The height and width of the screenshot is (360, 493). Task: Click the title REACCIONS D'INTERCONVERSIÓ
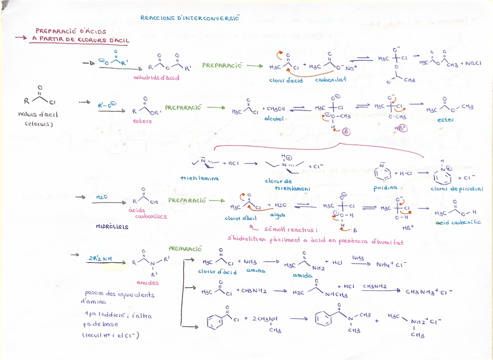pyautogui.click(x=190, y=18)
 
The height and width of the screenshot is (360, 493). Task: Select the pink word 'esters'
pyautogui.click(x=142, y=121)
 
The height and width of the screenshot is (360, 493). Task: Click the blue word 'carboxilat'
pyautogui.click(x=331, y=79)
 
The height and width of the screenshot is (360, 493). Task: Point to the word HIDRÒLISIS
pyautogui.click(x=112, y=227)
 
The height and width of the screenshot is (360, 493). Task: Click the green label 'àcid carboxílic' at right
pyautogui.click(x=458, y=222)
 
